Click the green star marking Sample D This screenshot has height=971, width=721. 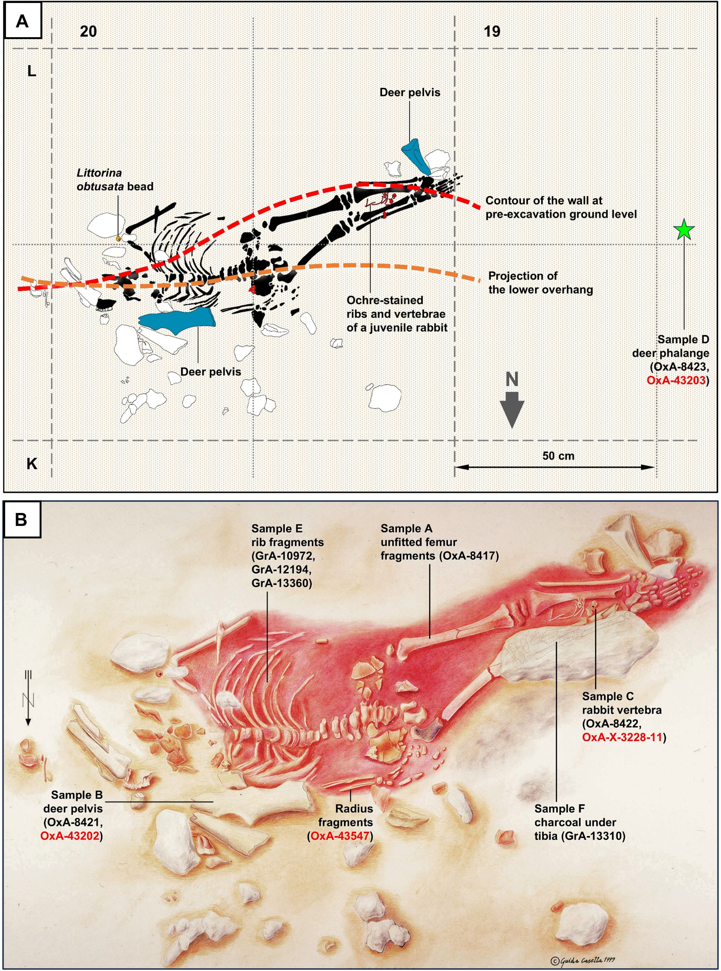coord(683,230)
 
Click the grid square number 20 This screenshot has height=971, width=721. coord(88,31)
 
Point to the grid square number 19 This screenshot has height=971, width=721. coord(492,31)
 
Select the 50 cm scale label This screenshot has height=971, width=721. coord(558,456)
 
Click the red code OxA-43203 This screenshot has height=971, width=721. coord(676,380)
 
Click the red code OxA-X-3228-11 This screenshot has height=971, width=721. coord(622,738)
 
